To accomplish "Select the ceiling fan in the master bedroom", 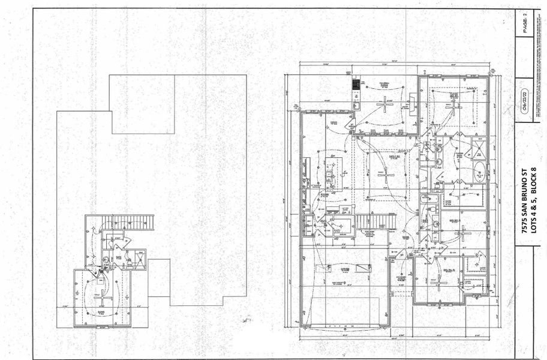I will coord(454,106).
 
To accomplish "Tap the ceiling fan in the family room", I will coord(384,174).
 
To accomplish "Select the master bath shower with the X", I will coord(480,146).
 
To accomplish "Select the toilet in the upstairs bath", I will coord(106,260).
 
